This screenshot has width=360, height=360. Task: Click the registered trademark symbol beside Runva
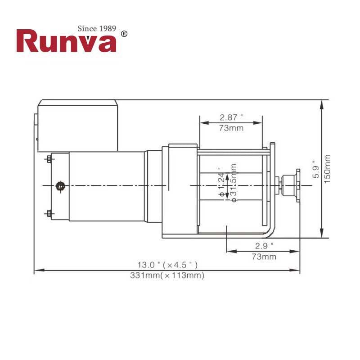point(125,34)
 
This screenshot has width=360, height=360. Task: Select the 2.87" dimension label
point(231,117)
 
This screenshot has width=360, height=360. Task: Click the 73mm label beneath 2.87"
point(231,128)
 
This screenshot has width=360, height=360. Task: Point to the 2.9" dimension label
point(264,246)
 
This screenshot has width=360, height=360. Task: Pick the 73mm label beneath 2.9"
point(264,257)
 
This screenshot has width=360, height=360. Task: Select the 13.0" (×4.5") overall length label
point(167,265)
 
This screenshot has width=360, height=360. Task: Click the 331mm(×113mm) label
point(167,275)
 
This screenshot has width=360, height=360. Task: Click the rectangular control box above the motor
point(77,126)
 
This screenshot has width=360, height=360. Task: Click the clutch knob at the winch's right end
point(296,185)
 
